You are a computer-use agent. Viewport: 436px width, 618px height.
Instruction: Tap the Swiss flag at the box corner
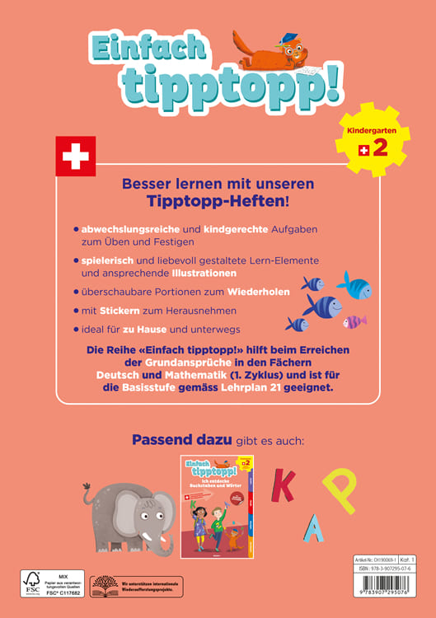pyautogui.click(x=75, y=156)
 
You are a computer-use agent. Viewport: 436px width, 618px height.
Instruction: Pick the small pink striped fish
pyautogui.click(x=354, y=321)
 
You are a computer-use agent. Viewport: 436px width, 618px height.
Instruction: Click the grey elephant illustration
pyautogui.click(x=127, y=516)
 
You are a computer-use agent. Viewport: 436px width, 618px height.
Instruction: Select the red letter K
pyautogui.click(x=283, y=485)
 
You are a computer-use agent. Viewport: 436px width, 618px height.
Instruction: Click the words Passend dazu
pyautogui.click(x=182, y=440)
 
